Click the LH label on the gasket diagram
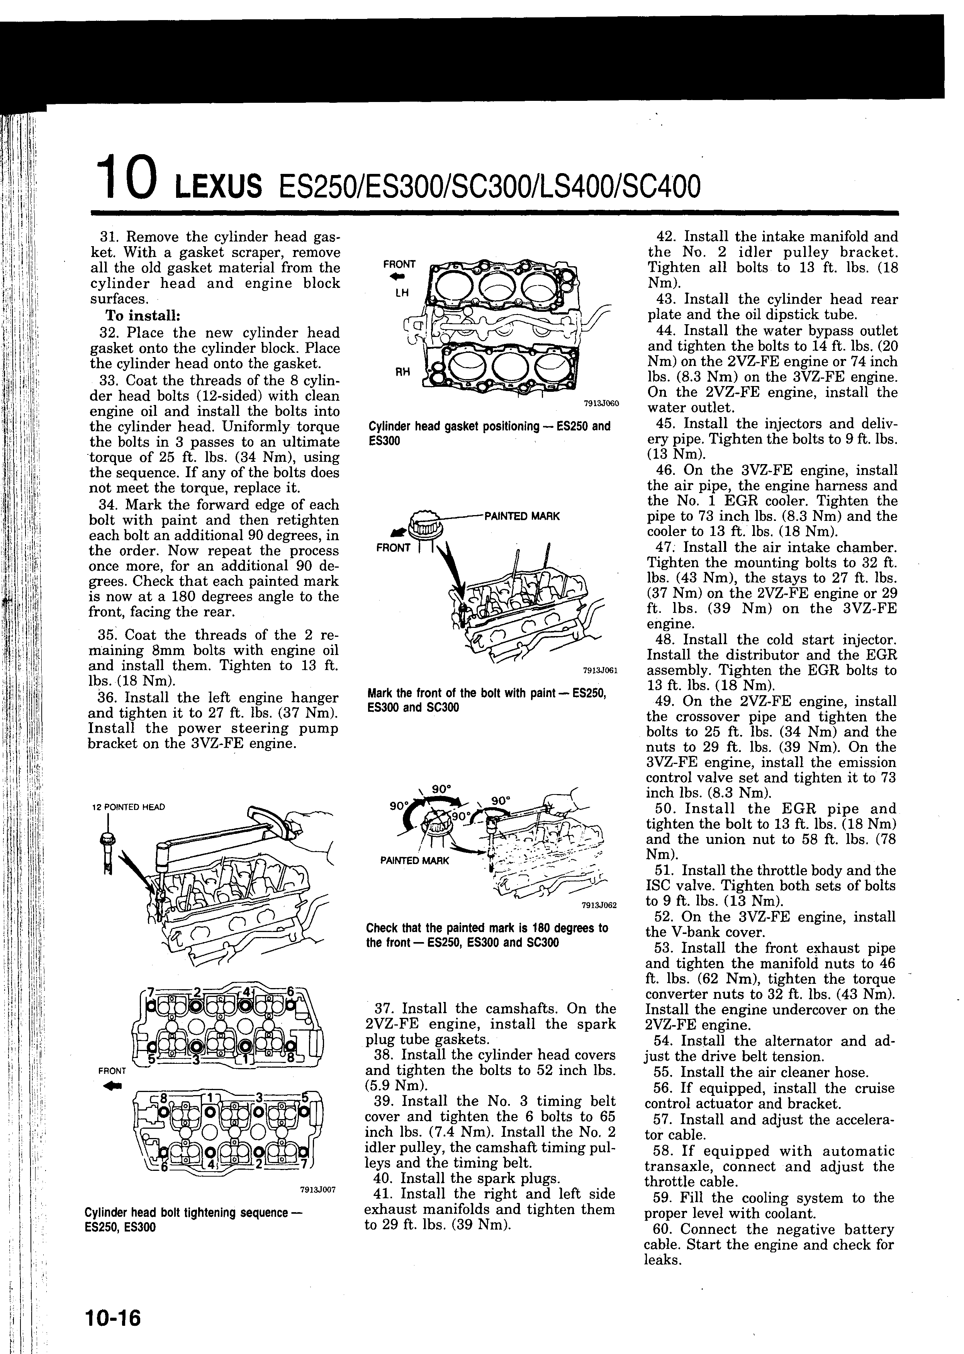(402, 293)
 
